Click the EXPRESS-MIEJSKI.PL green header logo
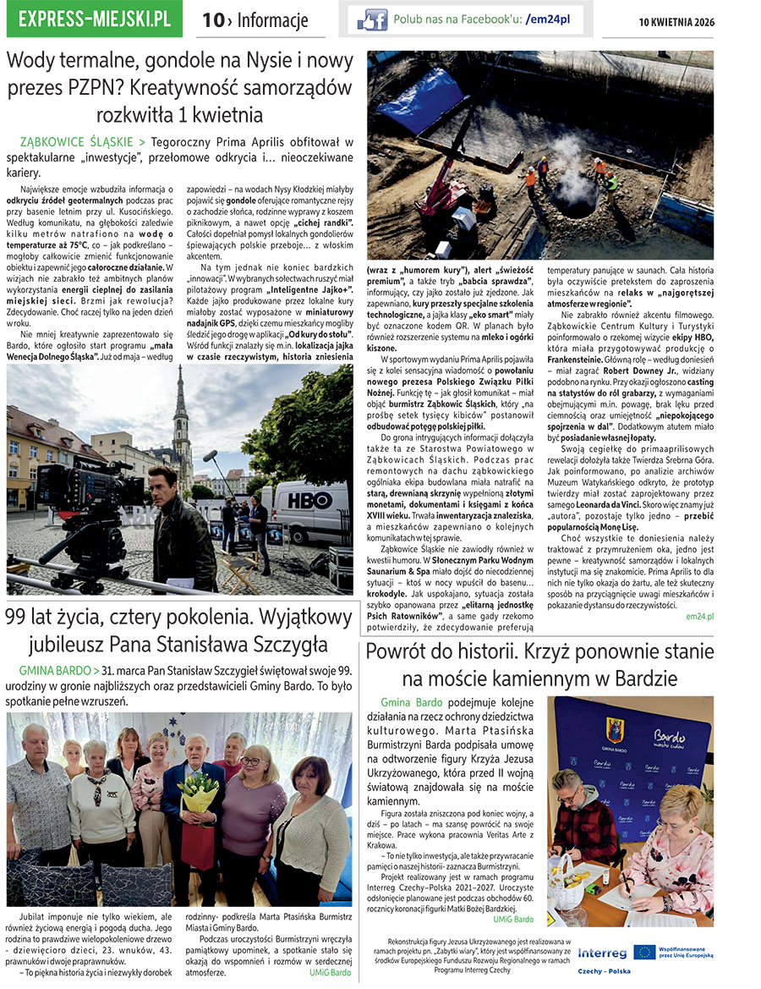pyautogui.click(x=94, y=19)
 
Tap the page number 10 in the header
pyautogui.click(x=212, y=20)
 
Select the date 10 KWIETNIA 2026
pyautogui.click(x=676, y=21)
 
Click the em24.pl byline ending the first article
pyautogui.click(x=699, y=617)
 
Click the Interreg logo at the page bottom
pyautogui.click(x=601, y=953)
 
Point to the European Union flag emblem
pyautogui.click(x=644, y=952)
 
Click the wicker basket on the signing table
pyautogui.click(x=567, y=880)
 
